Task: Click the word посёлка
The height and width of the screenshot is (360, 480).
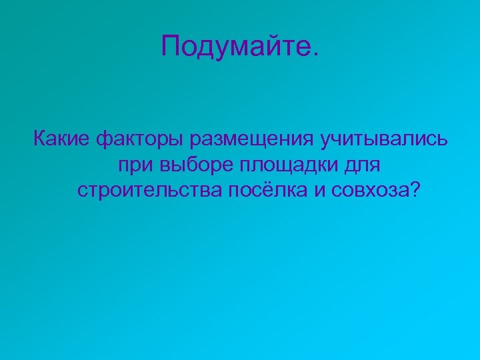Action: coord(267,191)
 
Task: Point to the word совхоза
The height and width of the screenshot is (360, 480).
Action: coord(367,191)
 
